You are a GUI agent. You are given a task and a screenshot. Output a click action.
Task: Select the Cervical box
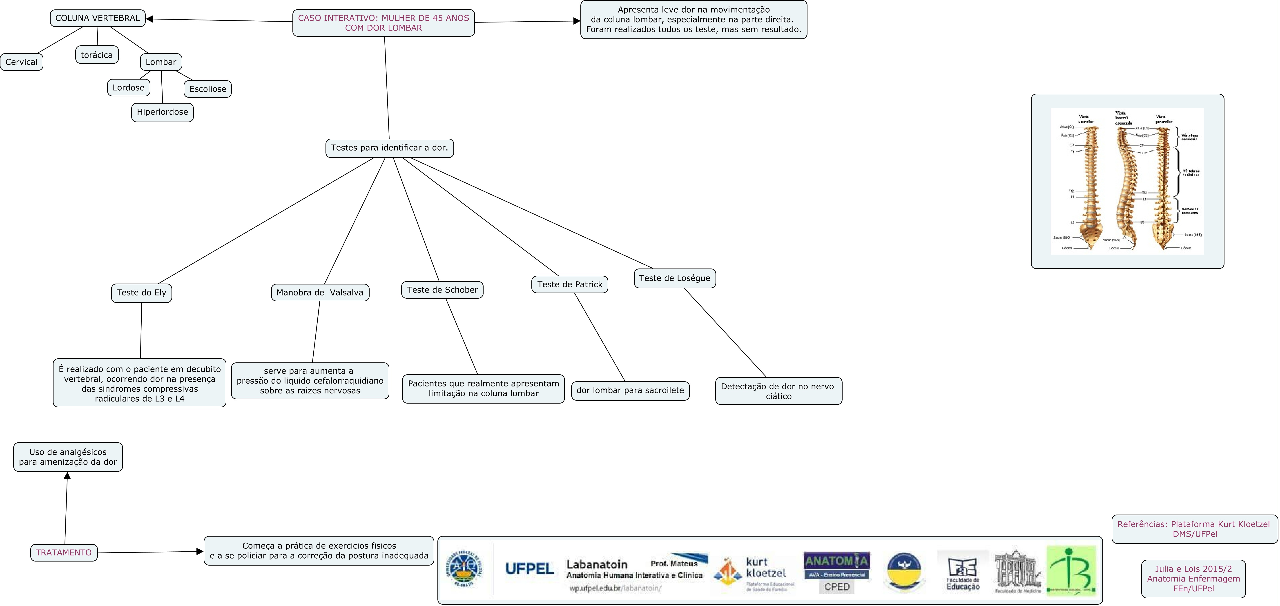pos(21,62)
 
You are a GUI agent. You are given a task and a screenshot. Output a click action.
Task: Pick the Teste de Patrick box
pos(569,285)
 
